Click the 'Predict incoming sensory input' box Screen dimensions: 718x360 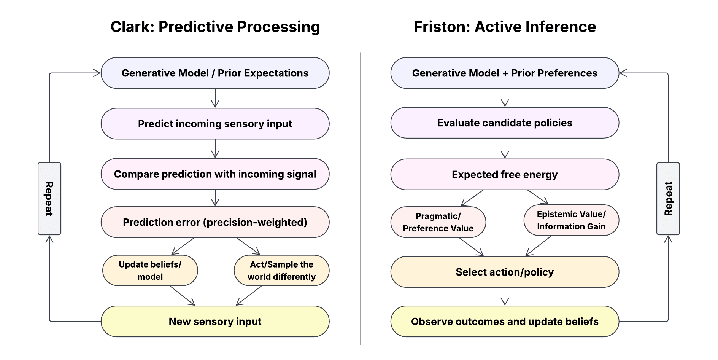(215, 124)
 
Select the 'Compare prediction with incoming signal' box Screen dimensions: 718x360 (215, 174)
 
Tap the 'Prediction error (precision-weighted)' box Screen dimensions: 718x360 (215, 222)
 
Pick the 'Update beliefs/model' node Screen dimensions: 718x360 (150, 271)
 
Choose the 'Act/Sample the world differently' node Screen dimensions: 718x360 (281, 271)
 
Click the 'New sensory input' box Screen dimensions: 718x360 (215, 322)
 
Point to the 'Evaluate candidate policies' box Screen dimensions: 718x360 (505, 123)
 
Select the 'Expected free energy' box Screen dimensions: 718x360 (505, 174)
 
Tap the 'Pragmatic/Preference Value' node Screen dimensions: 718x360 (438, 222)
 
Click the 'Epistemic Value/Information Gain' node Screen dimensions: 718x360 (571, 220)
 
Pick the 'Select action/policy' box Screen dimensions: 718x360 (505, 272)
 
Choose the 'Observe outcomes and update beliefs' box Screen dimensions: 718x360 (505, 322)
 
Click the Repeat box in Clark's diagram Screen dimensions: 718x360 (49, 199)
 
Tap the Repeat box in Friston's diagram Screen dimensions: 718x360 (668, 199)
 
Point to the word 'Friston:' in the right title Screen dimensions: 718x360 (442, 27)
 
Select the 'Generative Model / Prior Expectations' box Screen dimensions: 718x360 (215, 73)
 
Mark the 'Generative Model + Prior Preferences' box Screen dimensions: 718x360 (505, 73)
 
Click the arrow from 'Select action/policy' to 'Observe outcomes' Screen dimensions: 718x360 (505, 296)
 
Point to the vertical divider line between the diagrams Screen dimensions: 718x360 (360, 199)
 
